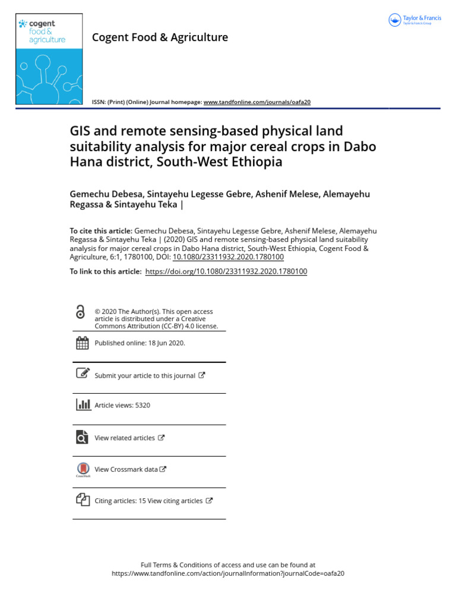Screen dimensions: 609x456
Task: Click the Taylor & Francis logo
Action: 414,20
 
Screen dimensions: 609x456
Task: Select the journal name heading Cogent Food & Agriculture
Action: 160,37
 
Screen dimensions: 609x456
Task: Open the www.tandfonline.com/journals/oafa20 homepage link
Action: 256,102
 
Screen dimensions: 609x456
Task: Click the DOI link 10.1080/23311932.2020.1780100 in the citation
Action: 228,257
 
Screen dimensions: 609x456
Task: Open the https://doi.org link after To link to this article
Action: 226,271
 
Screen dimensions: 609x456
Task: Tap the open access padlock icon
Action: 80,312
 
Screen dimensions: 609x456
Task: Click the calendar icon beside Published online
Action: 83,343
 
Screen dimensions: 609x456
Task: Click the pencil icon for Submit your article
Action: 83,374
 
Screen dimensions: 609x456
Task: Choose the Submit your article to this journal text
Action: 145,376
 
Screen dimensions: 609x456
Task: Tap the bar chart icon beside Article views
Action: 83,405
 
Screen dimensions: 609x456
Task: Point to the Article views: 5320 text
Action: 122,406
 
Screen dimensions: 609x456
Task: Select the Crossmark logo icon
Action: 83,469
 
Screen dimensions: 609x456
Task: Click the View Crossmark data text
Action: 126,469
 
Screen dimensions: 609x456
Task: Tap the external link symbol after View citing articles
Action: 209,501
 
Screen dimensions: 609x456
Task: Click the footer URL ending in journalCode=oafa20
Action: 228,574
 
